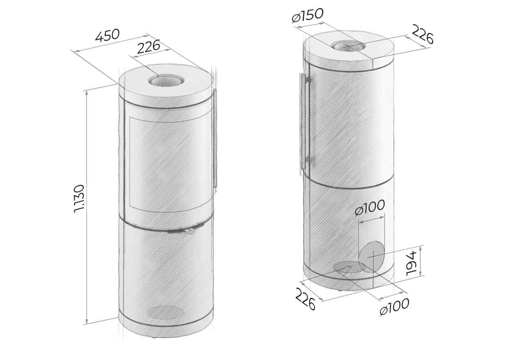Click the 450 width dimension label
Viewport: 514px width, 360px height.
click(x=108, y=36)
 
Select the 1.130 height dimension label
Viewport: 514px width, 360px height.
click(x=80, y=199)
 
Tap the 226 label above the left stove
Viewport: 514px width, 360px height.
click(x=149, y=47)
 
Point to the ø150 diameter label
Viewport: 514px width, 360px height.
click(x=308, y=15)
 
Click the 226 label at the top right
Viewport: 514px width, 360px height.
click(x=423, y=34)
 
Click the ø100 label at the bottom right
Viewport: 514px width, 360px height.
click(x=394, y=306)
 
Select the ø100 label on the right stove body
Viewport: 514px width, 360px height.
click(x=369, y=208)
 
